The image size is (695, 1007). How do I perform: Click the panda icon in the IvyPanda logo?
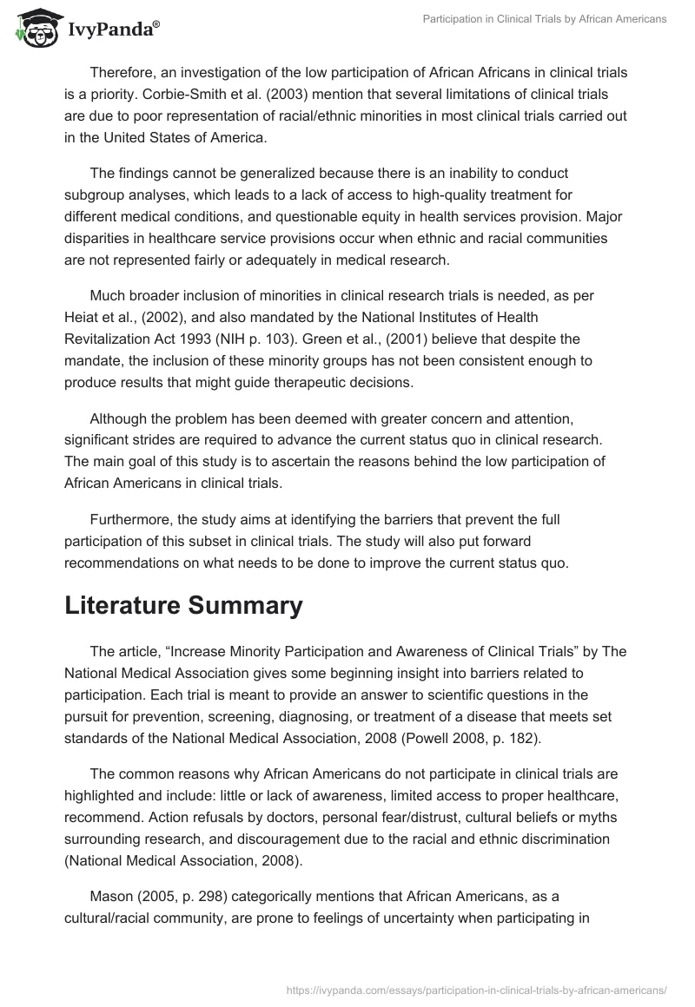coord(32,27)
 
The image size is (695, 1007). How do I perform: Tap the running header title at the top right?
coord(545,19)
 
